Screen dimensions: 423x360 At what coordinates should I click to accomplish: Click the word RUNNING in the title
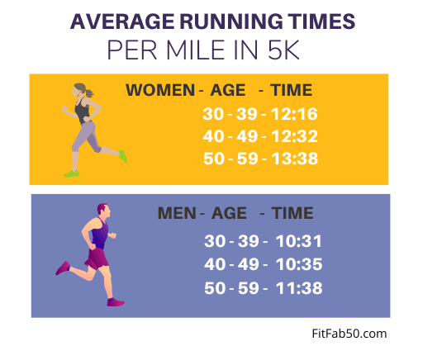[231, 21]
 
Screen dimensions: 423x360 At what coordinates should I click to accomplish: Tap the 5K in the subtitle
[283, 50]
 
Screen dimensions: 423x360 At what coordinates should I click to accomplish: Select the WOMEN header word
[160, 90]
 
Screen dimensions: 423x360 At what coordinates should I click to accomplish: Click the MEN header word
[177, 213]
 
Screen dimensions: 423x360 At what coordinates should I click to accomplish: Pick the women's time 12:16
[294, 114]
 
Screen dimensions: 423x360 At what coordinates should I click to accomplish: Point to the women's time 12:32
[294, 136]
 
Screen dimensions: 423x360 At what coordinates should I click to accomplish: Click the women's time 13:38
[295, 159]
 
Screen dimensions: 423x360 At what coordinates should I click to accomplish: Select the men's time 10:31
[299, 241]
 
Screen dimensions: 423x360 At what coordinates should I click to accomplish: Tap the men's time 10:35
[299, 264]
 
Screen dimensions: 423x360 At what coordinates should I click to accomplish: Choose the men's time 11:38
[299, 288]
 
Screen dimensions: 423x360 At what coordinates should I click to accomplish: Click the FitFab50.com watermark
[349, 334]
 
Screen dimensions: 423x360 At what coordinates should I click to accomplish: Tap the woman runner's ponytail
[89, 92]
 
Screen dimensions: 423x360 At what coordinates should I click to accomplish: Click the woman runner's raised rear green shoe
[123, 156]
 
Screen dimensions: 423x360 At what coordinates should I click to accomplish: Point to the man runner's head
[103, 211]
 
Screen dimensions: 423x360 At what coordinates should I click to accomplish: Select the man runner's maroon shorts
[97, 258]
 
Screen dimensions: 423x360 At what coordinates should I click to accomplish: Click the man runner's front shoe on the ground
[116, 302]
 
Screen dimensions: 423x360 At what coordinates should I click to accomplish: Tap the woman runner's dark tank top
[83, 111]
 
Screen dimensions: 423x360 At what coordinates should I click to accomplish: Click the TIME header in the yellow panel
[291, 90]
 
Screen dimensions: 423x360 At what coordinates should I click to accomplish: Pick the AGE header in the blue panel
[229, 213]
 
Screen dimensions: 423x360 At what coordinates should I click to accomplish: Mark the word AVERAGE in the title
[122, 21]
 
